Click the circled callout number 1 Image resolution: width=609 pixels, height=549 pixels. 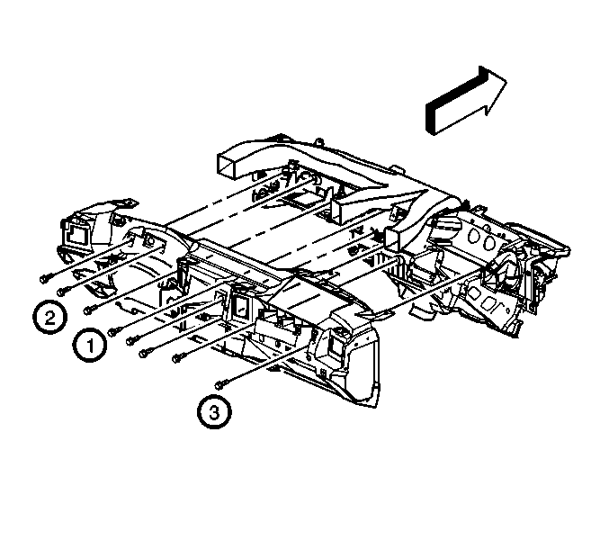(x=90, y=345)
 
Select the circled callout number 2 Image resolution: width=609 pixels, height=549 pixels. (x=49, y=317)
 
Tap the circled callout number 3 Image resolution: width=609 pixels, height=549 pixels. (x=214, y=412)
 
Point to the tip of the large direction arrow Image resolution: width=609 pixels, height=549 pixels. (x=506, y=81)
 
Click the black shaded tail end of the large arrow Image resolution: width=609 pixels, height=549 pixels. (x=430, y=120)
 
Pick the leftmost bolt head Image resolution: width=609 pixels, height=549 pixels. (x=45, y=279)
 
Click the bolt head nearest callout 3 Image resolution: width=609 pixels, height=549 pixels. (x=219, y=384)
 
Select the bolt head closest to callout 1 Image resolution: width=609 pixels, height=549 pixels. (x=113, y=332)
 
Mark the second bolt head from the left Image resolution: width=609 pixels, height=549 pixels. (x=62, y=291)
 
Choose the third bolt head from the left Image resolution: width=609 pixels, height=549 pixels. (x=89, y=310)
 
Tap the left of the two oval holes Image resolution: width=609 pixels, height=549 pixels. (x=475, y=235)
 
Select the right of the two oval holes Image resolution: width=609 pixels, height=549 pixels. (x=490, y=241)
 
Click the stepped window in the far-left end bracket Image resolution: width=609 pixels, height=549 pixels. (x=77, y=236)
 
